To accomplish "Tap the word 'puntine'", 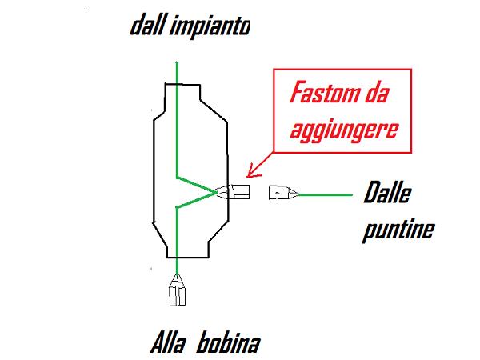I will click(398, 230).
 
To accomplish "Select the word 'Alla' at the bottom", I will click(170, 346).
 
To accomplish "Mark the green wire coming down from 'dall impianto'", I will click(177, 120).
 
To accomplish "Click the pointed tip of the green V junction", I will click(216, 192).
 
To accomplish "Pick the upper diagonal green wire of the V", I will click(196, 184).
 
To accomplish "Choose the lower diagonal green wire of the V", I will click(196, 200).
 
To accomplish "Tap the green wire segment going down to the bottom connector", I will click(177, 240).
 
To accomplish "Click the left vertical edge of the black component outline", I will click(154, 168).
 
